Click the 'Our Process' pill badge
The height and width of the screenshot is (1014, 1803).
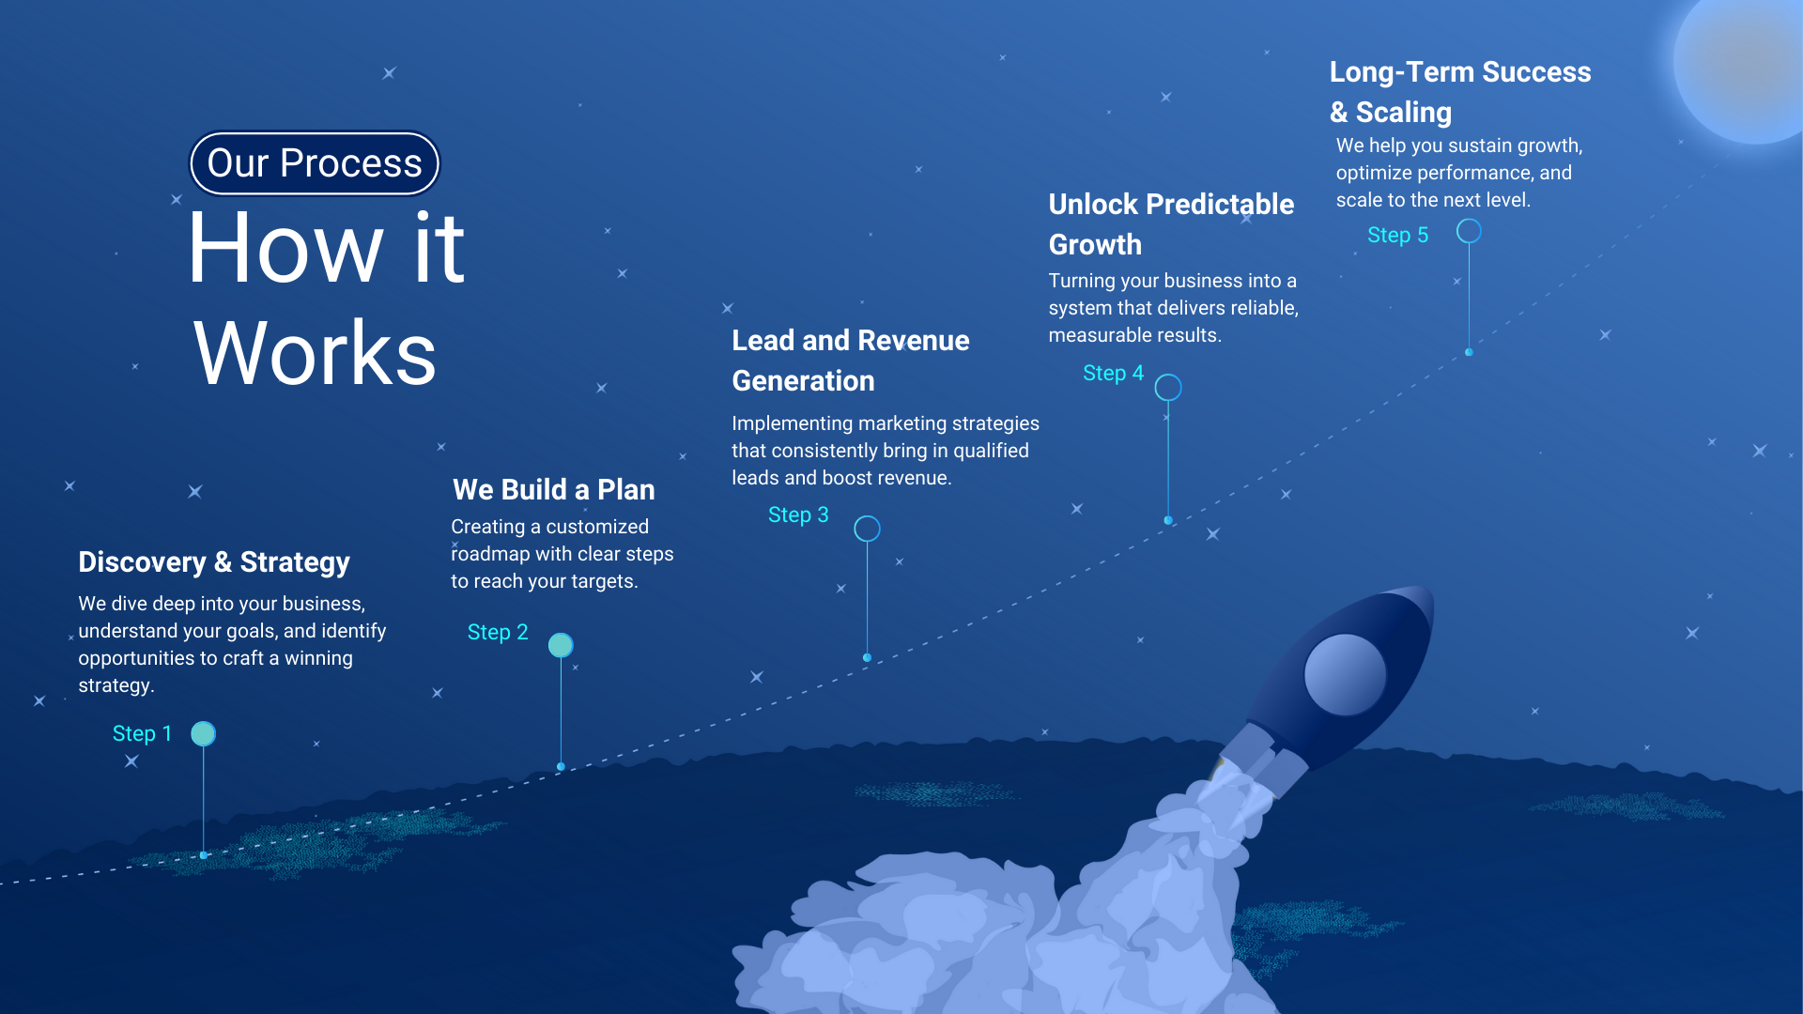[x=315, y=163]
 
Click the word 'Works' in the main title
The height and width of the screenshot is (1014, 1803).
[x=315, y=354]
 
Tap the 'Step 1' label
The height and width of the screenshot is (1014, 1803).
[x=142, y=733]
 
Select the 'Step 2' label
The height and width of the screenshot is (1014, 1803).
[x=498, y=632]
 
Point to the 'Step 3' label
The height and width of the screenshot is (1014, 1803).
[x=798, y=515]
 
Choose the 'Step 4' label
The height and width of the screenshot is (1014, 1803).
[x=1113, y=373]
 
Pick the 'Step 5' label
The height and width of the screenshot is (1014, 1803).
[x=1397, y=235]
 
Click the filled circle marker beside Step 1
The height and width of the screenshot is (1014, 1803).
[x=203, y=733]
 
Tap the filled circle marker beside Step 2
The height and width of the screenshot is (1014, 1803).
[x=561, y=645]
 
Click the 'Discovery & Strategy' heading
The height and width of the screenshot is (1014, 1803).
[x=214, y=562]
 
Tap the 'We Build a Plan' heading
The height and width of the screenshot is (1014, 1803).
[x=554, y=490]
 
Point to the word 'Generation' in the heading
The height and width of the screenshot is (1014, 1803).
[x=803, y=381]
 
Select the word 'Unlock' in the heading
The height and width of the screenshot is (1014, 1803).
[x=1093, y=205]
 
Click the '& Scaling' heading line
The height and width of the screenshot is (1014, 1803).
[x=1391, y=113]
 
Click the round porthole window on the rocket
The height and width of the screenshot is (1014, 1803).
[x=1345, y=674]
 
